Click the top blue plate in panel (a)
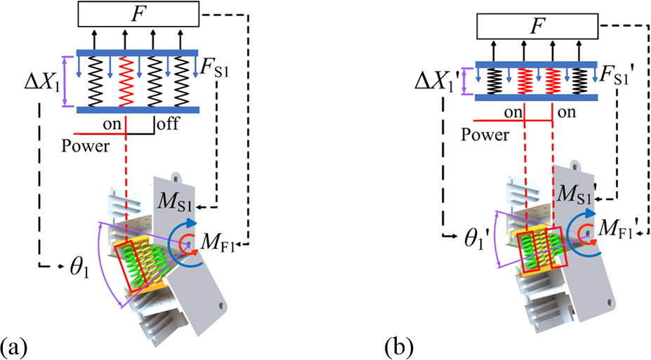tap(138, 52)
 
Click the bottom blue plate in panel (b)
tap(538, 98)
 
